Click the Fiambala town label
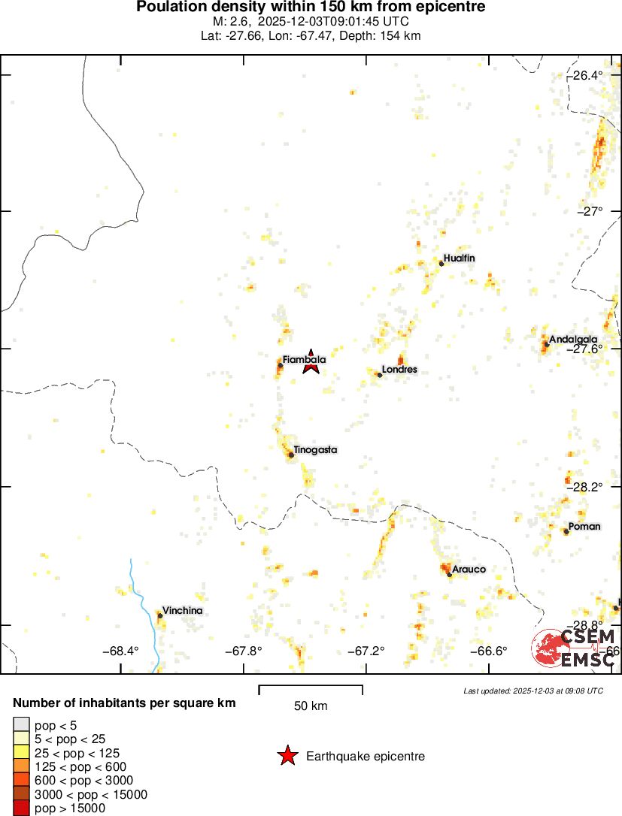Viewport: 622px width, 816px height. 304,360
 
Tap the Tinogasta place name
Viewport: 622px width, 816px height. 315,450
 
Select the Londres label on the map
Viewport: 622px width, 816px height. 399,370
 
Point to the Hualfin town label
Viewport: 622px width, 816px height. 460,258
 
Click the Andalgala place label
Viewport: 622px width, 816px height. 573,339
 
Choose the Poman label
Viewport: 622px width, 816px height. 584,526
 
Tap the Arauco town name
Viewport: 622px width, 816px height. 469,569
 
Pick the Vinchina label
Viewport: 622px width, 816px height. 183,611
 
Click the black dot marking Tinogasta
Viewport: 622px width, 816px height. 291,455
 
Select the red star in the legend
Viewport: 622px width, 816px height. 287,757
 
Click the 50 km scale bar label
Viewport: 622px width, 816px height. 310,706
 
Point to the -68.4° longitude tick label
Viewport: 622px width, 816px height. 122,651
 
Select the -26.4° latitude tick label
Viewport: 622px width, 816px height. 587,75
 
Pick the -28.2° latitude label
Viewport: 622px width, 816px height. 587,486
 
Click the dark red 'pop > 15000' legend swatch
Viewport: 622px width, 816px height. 22,808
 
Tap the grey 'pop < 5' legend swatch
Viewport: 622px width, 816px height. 22,726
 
